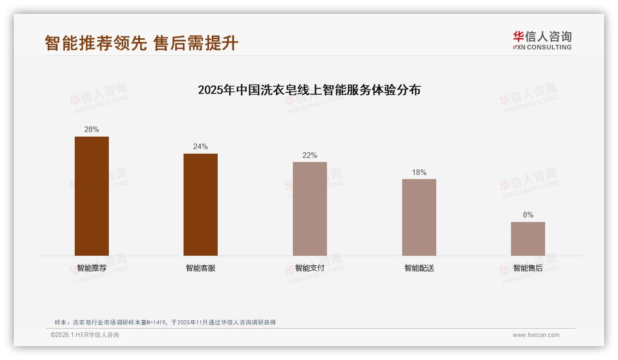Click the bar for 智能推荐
[92, 196]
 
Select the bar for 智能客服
[201, 204]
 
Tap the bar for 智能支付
[310, 209]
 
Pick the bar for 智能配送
[419, 217]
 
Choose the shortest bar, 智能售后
[528, 239]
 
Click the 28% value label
[92, 130]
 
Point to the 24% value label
[201, 147]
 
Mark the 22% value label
[310, 156]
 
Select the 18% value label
[419, 173]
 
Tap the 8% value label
[528, 215]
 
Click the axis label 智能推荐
[92, 268]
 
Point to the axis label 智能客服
[201, 268]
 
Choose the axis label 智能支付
[310, 268]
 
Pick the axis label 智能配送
[419, 268]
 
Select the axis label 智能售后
[528, 268]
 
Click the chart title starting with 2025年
[309, 90]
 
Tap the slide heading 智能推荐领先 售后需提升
[142, 43]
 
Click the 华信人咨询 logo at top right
[542, 40]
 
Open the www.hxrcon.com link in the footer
[536, 335]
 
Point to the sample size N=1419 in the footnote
[156, 323]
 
